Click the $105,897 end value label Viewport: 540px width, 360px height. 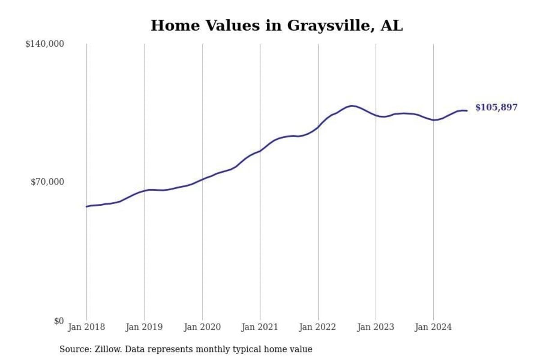point(496,108)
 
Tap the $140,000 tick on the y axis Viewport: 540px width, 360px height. point(45,44)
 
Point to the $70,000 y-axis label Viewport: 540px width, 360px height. point(47,182)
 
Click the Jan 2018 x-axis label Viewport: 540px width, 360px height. point(86,327)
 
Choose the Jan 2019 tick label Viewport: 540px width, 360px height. point(144,327)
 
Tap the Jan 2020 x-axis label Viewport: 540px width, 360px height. point(202,327)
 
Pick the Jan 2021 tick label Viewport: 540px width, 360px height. point(260,327)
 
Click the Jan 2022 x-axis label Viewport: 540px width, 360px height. point(318,327)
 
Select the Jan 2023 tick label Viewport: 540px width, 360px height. point(375,327)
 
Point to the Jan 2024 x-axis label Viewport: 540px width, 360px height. point(433,327)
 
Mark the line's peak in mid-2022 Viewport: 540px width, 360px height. point(352,106)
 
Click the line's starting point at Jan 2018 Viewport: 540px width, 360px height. point(86,207)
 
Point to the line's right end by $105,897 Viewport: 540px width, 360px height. point(467,110)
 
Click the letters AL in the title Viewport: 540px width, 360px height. point(391,26)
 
